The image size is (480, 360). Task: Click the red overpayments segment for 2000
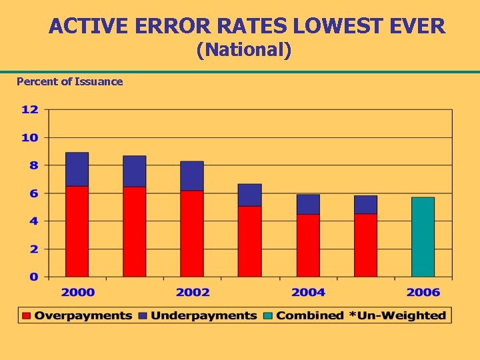click(77, 231)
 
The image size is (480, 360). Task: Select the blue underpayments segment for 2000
click(77, 169)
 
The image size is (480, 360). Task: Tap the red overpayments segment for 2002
click(192, 233)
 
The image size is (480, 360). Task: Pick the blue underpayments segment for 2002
click(192, 176)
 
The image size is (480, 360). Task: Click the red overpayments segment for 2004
click(308, 245)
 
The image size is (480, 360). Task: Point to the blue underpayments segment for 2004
click(308, 204)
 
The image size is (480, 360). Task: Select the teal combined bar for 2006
click(423, 237)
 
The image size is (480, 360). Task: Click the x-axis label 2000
click(78, 292)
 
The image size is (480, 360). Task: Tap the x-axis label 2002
click(193, 292)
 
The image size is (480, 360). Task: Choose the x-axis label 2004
click(308, 292)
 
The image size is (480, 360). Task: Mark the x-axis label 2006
click(423, 292)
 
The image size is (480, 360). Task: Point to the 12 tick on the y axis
click(30, 109)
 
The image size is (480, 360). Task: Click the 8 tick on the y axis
click(33, 165)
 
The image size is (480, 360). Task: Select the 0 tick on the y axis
click(33, 277)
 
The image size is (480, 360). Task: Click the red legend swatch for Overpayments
click(27, 315)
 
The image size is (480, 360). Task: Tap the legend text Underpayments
click(203, 315)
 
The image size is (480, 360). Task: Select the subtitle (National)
click(244, 50)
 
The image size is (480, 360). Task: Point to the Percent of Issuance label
click(69, 81)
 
